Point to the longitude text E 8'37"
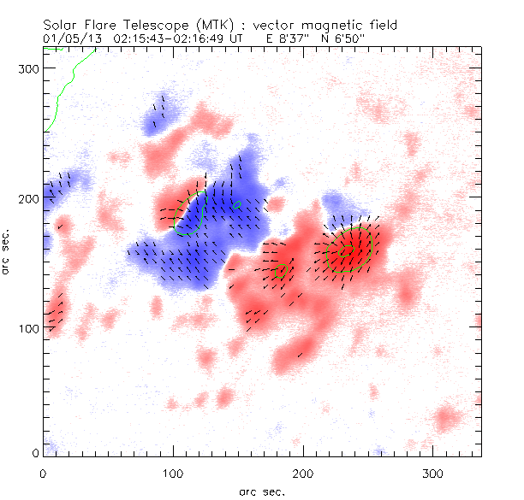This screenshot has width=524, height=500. point(289,38)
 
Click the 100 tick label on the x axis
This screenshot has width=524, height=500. point(173,473)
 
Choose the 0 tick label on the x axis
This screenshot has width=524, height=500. point(44,473)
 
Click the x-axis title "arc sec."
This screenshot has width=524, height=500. point(261,490)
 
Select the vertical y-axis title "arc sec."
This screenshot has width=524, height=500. point(9,253)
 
